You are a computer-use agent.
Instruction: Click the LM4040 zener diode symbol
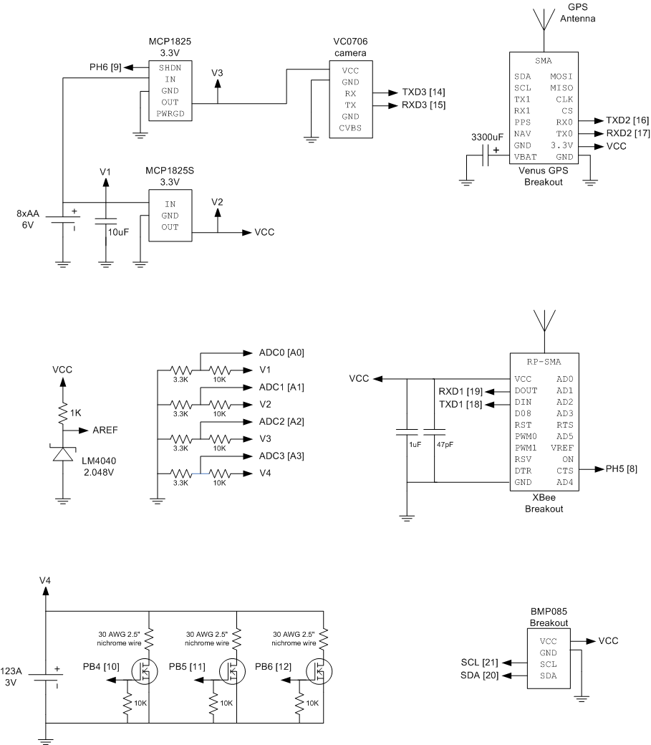[63, 453]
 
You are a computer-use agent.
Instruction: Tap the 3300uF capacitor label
[487, 138]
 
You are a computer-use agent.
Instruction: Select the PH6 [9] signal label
[105, 67]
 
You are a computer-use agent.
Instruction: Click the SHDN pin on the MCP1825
[170, 68]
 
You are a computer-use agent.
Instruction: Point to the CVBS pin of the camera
[350, 128]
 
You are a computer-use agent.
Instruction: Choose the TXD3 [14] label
[423, 92]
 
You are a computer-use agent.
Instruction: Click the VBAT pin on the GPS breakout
[525, 157]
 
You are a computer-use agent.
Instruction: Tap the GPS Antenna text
[577, 13]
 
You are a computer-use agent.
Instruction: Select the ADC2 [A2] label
[281, 421]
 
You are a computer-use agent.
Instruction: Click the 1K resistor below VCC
[63, 413]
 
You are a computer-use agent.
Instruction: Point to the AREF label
[105, 430]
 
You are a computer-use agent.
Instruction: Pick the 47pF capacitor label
[445, 445]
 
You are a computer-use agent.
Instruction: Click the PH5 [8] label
[621, 469]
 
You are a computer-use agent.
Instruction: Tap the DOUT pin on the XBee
[526, 390]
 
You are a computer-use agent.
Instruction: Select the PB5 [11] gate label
[187, 667]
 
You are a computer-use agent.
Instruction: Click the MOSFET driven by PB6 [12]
[319, 671]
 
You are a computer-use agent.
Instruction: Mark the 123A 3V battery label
[11, 677]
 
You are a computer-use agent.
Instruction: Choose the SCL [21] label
[479, 663]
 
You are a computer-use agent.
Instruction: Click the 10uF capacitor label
[118, 232]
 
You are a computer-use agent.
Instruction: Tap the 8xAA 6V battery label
[28, 219]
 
